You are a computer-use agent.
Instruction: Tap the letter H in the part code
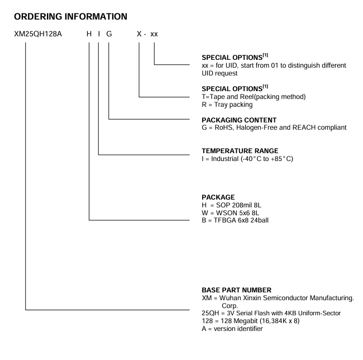click(x=89, y=35)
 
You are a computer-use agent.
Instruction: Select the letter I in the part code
click(x=99, y=35)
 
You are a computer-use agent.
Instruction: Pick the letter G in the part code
click(x=109, y=35)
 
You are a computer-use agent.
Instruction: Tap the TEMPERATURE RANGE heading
click(x=232, y=150)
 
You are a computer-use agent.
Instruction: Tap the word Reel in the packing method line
click(x=245, y=97)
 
